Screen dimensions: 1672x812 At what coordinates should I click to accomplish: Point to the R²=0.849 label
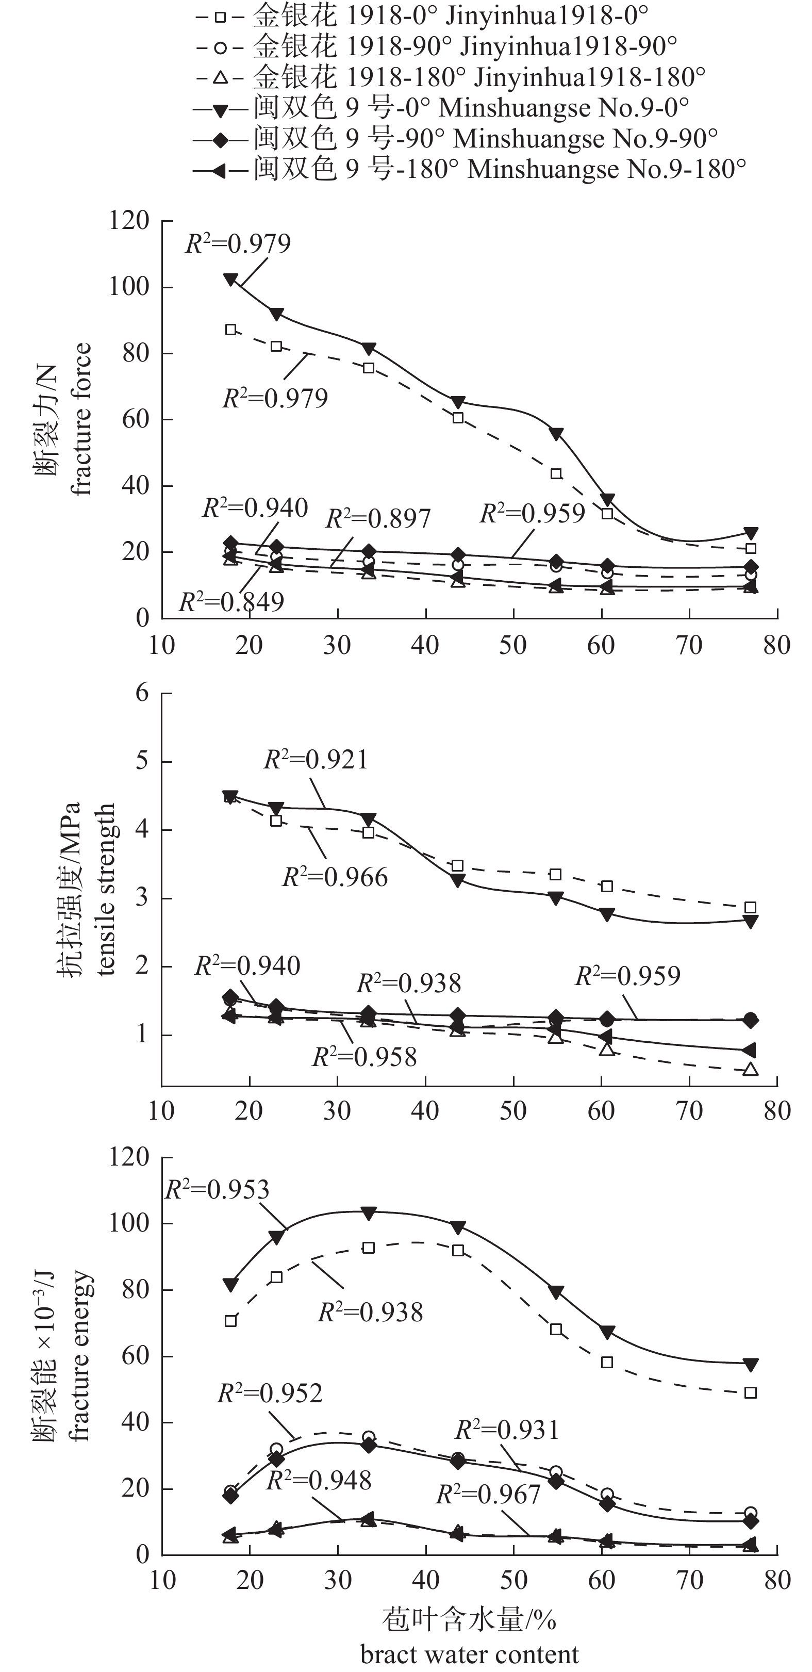tap(231, 602)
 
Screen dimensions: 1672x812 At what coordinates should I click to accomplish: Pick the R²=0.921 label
tap(316, 759)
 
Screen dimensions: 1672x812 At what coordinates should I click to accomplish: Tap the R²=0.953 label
tap(217, 1189)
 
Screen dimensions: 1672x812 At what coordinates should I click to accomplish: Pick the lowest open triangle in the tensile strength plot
tap(750, 1069)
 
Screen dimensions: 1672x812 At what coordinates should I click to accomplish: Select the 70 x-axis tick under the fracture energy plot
tap(689, 1579)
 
